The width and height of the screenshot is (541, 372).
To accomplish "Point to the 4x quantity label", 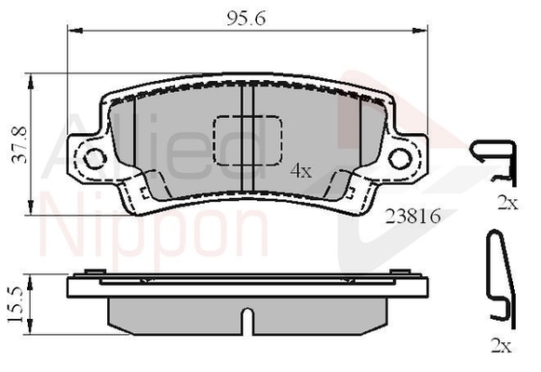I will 300,170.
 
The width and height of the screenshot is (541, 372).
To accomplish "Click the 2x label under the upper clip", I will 506,204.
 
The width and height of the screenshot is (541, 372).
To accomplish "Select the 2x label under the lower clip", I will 501,347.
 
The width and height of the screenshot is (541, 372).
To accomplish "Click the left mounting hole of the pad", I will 93,159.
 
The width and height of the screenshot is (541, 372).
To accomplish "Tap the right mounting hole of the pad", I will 401,158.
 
